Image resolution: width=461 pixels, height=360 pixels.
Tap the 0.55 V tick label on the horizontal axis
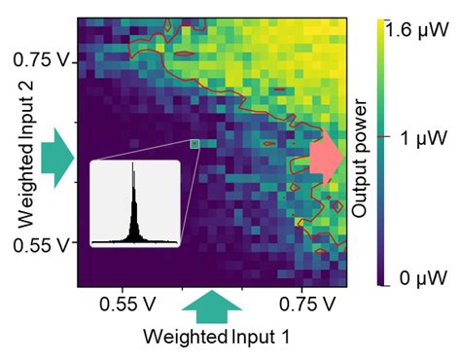122,302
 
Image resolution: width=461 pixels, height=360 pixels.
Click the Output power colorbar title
361,154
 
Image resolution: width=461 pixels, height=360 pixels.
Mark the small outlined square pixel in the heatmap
195,144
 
